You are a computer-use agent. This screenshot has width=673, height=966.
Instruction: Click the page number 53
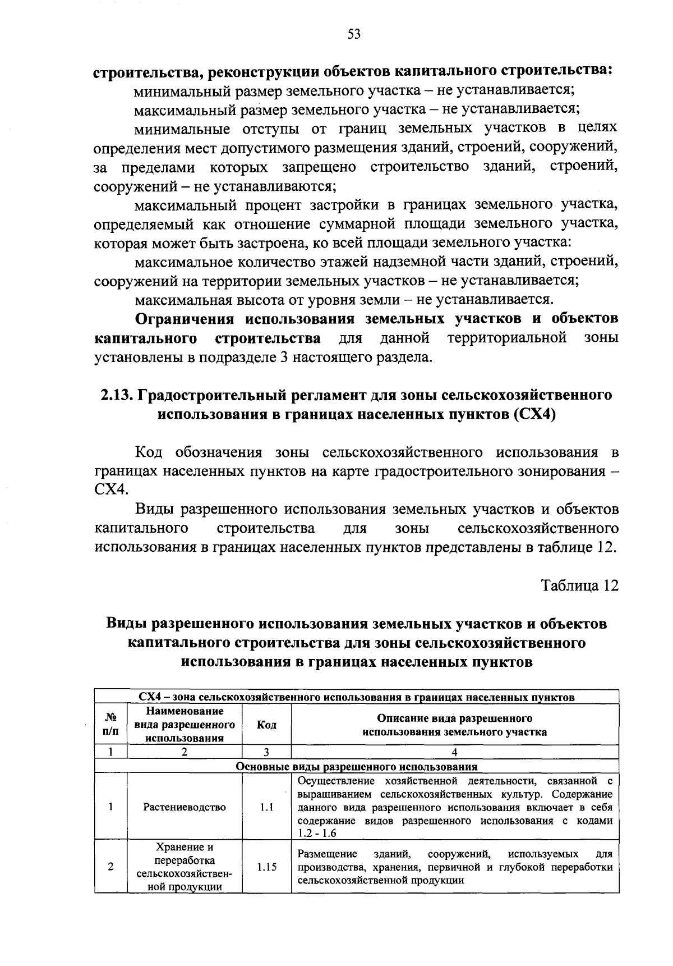click(x=354, y=35)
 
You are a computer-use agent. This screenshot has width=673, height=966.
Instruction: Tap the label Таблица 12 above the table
click(x=579, y=585)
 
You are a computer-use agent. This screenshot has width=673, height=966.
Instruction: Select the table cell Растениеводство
click(x=185, y=807)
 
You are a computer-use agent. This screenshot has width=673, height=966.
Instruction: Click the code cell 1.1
click(x=266, y=807)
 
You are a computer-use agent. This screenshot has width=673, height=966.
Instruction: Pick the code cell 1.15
click(x=266, y=867)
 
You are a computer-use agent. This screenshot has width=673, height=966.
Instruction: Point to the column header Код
click(x=266, y=725)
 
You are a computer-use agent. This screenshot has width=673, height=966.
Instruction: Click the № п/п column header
click(x=111, y=725)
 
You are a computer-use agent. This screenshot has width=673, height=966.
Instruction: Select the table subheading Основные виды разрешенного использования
click(x=357, y=767)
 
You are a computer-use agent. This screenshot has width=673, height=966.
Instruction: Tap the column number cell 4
click(x=454, y=753)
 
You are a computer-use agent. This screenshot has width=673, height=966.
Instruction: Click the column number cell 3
click(x=266, y=753)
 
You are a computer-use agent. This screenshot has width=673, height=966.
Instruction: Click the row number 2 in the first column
click(x=111, y=867)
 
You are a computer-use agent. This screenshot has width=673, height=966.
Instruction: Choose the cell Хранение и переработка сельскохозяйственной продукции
click(x=185, y=867)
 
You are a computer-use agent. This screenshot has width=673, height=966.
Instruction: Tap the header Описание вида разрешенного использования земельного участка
click(x=454, y=725)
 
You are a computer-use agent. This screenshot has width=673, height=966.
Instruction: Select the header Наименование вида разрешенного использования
click(x=185, y=725)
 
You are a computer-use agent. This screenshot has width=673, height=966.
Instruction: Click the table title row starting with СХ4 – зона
click(x=357, y=698)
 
